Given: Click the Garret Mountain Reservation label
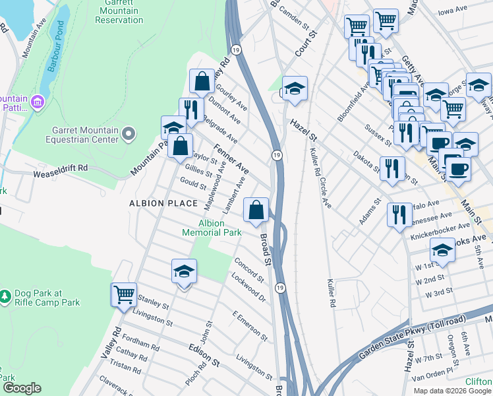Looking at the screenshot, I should (119, 11).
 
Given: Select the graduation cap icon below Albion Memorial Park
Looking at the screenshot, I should (185, 271).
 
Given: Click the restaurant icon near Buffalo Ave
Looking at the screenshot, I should (399, 214).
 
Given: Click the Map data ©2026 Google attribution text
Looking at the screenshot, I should (451, 390).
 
